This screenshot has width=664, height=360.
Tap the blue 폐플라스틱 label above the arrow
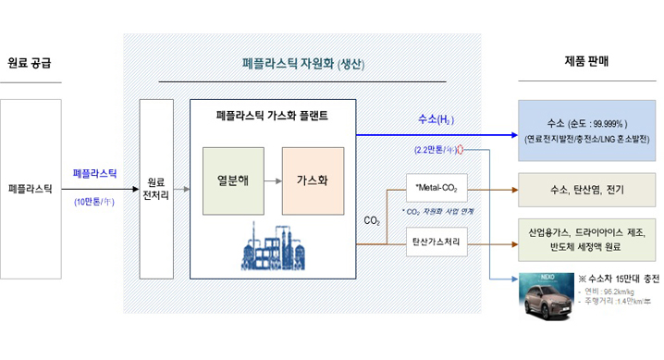coord(95,174)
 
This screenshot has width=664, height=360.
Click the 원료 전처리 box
coord(156,189)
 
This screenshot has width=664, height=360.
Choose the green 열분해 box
coord(231,180)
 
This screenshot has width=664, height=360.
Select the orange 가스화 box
coord(312,180)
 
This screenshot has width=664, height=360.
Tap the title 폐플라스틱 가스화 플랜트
coord(271,117)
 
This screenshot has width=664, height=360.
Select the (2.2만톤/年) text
coord(436,149)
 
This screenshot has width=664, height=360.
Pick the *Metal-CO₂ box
coord(436,189)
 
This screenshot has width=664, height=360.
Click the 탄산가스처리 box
coord(436,243)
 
